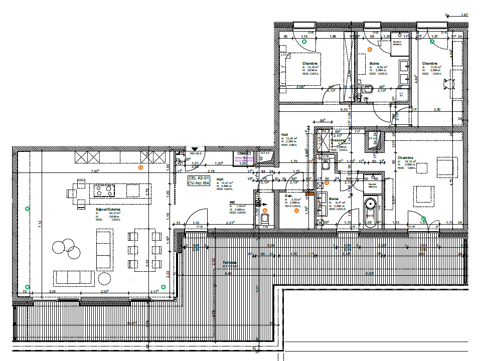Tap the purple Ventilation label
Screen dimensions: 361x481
click(x=244, y=159)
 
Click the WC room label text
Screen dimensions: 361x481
click(x=232, y=203)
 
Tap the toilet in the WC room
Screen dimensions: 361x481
click(x=264, y=218)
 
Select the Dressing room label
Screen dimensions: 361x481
click(x=338, y=141)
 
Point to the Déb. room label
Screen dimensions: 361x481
click(x=288, y=196)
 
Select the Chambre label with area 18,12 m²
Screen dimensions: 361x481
click(x=405, y=158)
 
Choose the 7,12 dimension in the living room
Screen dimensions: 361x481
click(x=40, y=224)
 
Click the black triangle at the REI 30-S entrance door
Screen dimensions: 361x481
click(x=195, y=149)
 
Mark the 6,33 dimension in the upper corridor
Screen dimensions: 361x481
click(x=344, y=109)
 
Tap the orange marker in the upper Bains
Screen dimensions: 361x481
click(x=370, y=49)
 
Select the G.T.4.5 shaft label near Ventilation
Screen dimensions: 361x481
click(x=264, y=153)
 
